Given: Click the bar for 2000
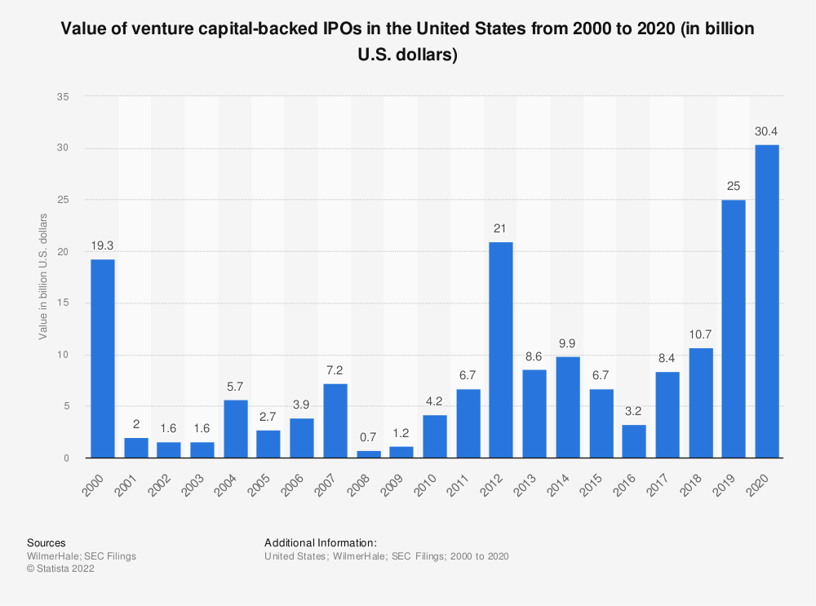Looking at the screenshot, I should pyautogui.click(x=102, y=359).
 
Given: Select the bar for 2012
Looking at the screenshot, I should pyautogui.click(x=501, y=350).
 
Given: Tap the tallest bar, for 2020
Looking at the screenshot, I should pyautogui.click(x=766, y=302).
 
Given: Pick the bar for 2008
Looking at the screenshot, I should pyautogui.click(x=368, y=454).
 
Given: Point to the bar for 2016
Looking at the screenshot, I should pyautogui.click(x=633, y=441).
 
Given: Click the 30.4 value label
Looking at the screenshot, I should pyautogui.click(x=766, y=130).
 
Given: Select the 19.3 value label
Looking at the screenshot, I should pyautogui.click(x=102, y=245).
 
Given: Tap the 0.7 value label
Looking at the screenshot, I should pyautogui.click(x=368, y=436).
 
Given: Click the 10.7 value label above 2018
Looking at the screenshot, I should pyautogui.click(x=700, y=334).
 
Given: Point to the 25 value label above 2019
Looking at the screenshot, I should pyautogui.click(x=734, y=186).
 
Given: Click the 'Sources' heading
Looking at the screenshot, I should pyautogui.click(x=47, y=542).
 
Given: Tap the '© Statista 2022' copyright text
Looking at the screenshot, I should pyautogui.click(x=61, y=569).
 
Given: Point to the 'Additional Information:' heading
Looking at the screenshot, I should pyautogui.click(x=320, y=542).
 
